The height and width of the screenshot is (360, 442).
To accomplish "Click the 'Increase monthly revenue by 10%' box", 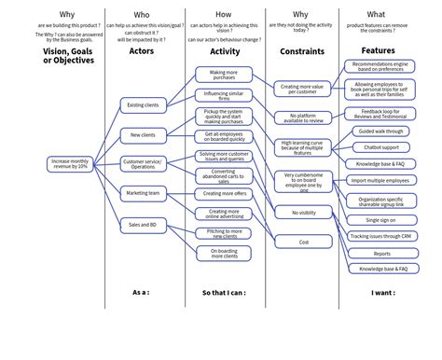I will pos(71,163).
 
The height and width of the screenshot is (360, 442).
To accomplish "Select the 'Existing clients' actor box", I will pos(143,105).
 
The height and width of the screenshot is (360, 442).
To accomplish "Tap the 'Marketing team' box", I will pos(143,194).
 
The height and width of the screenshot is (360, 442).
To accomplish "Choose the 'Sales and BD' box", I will pos(143,225).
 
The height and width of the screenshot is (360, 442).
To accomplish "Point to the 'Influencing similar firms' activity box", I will pos(223,95).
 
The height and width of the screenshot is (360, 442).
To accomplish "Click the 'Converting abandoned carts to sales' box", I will pos(223,175).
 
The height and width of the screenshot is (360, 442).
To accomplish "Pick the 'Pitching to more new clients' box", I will pos(223,232).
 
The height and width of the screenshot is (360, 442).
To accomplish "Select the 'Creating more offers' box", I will pos(223,194).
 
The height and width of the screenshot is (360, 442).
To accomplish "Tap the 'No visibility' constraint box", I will pos(304,213).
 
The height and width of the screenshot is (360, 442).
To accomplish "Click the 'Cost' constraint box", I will pos(304,242).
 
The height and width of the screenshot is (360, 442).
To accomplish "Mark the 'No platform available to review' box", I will pos(304,118).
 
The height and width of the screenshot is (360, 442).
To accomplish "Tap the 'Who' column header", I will pos(142,15).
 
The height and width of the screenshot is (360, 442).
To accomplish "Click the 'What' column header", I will pos(377,15).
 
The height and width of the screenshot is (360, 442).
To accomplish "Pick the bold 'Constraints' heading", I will pos(302,51).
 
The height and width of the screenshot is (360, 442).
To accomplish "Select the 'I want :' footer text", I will pos(382,292).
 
